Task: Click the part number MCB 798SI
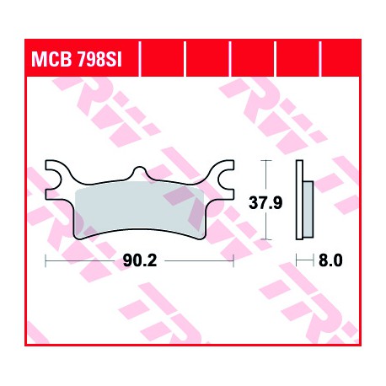[x=77, y=59]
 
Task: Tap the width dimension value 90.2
[x=140, y=261]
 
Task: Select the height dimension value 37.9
[x=265, y=202]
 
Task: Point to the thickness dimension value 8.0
[x=330, y=260]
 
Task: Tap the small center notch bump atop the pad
[x=139, y=170]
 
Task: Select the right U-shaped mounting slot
[x=227, y=180]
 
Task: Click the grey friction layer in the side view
[x=308, y=209]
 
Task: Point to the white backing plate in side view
[x=299, y=200]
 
